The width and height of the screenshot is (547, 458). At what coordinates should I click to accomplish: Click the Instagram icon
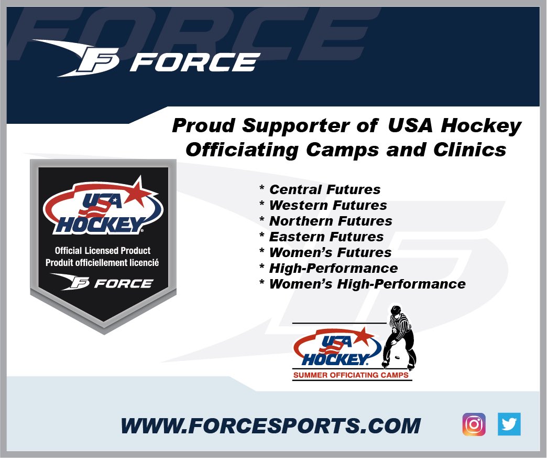474,424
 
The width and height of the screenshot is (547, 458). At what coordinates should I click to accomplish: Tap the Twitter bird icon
509,424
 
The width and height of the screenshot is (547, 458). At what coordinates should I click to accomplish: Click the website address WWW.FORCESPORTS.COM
270,425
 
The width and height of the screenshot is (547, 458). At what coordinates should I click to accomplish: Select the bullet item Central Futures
325,189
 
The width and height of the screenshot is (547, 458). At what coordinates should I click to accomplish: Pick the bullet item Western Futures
328,205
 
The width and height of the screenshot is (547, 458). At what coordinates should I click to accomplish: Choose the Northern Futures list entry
331,221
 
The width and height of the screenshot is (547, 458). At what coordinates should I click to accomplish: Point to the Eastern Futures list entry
326,237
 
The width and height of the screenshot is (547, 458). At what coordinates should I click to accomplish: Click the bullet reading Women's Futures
330,252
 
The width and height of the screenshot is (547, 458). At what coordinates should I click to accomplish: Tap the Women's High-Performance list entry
367,284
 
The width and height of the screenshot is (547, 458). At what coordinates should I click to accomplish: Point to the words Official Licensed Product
103,251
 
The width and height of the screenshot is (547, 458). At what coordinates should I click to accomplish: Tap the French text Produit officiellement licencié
102,262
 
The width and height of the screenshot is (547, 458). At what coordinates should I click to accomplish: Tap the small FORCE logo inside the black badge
102,283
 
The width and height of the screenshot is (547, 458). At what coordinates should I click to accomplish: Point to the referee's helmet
396,310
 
